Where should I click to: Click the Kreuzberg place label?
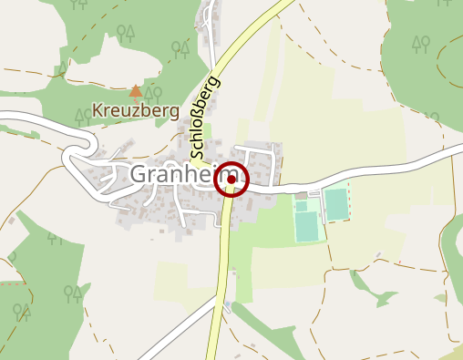click(136, 113)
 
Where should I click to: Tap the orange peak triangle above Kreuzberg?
click(136, 91)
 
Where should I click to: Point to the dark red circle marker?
click(231, 180)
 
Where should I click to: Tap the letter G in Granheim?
click(139, 174)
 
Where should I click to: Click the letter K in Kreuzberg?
click(98, 114)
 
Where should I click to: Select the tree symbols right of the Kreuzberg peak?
click(153, 92)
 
